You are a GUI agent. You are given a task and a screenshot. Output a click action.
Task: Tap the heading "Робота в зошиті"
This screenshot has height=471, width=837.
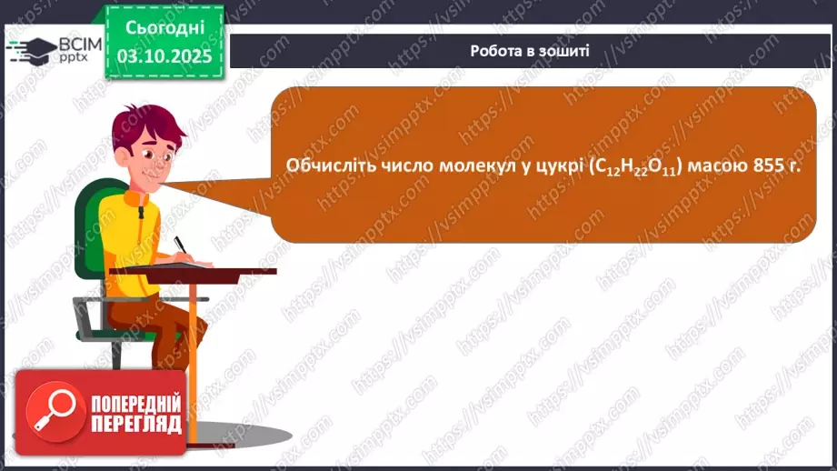tap(530, 51)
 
